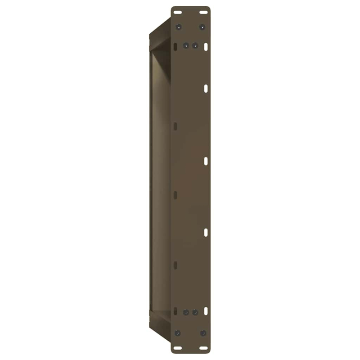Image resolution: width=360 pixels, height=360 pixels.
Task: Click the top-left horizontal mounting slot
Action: [x=178, y=12]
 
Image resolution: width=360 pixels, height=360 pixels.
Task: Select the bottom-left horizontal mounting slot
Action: [x=178, y=347]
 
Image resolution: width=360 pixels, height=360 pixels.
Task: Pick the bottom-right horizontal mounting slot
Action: [x=203, y=347]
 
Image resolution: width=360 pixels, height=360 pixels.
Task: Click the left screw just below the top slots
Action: [x=179, y=27]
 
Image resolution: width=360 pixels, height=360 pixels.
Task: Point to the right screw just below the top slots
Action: [x=202, y=27]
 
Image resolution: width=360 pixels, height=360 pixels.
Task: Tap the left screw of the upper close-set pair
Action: [x=186, y=45]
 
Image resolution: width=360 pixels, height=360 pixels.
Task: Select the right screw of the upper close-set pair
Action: [x=195, y=45]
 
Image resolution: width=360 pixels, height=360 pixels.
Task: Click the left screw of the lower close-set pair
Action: [x=186, y=311]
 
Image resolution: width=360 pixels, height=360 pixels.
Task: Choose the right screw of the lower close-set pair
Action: [x=195, y=311]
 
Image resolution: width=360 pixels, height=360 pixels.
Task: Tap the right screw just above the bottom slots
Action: [x=203, y=333]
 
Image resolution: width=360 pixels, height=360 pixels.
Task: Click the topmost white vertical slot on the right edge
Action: [x=206, y=46]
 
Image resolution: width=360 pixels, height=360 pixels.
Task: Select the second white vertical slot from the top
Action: [x=206, y=89]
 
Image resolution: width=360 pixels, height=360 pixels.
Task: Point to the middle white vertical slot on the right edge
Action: [x=206, y=161]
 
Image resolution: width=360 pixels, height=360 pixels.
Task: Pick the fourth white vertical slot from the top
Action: [x=206, y=232]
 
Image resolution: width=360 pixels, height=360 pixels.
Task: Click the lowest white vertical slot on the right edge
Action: [x=206, y=311]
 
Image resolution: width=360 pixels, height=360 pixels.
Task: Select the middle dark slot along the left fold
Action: [x=175, y=195]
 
